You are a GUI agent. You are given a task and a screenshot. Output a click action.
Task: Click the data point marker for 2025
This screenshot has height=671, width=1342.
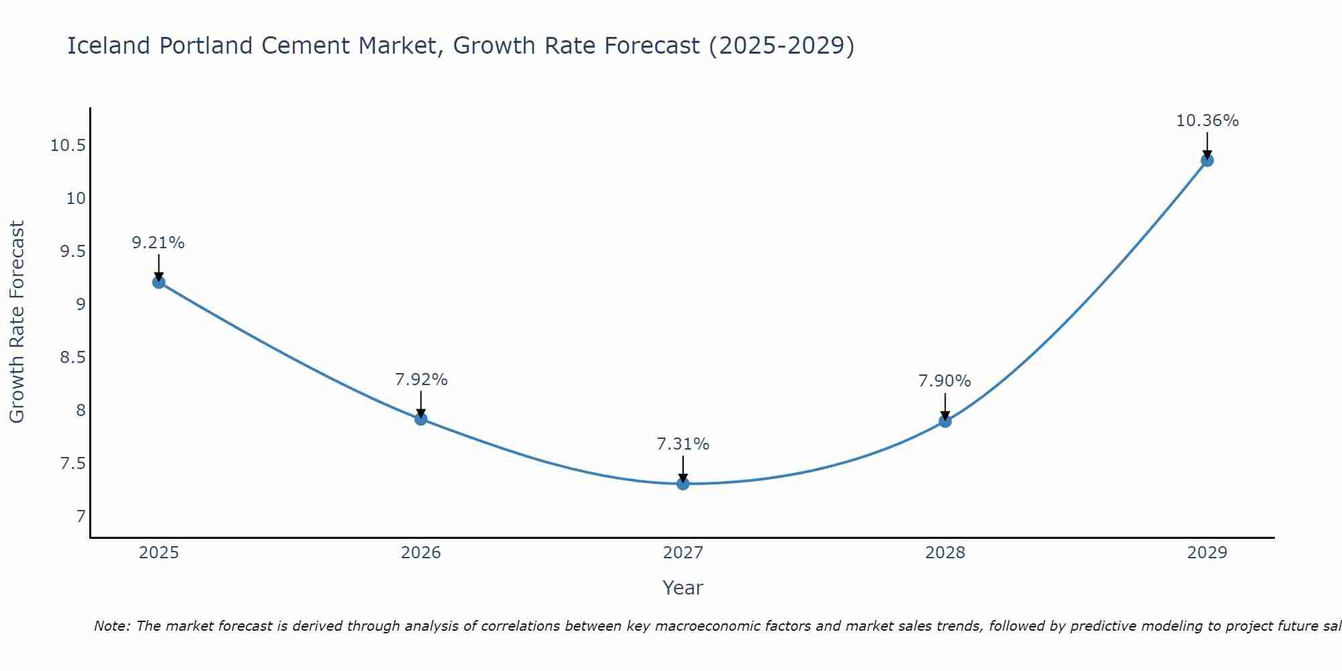(x=159, y=282)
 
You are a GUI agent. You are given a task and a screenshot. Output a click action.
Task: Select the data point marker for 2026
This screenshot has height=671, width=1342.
(x=421, y=419)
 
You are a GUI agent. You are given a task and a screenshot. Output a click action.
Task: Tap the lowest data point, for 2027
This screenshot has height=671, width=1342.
(x=683, y=484)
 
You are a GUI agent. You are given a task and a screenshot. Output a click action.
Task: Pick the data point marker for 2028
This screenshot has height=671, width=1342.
(x=945, y=421)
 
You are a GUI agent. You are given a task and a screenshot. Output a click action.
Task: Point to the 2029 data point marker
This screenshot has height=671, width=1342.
(x=1207, y=160)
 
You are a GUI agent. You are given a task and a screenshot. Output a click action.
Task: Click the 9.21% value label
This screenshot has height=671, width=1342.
(x=158, y=243)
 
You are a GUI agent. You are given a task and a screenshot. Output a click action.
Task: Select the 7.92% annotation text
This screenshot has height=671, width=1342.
(x=421, y=380)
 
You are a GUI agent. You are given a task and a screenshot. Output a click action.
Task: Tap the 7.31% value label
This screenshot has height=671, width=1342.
(x=682, y=444)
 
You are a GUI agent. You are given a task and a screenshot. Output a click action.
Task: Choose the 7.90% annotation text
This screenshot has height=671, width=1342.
(x=944, y=381)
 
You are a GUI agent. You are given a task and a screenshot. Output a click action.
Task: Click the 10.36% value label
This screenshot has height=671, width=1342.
(x=1207, y=121)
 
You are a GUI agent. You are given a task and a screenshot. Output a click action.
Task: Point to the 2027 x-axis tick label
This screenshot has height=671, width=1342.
(x=683, y=553)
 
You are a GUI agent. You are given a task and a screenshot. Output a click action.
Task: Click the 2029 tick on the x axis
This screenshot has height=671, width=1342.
(x=1207, y=553)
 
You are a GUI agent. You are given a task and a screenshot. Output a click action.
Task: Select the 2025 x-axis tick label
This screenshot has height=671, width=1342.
(x=159, y=553)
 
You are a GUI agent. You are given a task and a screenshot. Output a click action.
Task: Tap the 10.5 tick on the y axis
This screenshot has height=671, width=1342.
(x=68, y=146)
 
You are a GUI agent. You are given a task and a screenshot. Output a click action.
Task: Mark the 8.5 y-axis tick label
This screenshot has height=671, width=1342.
(x=72, y=358)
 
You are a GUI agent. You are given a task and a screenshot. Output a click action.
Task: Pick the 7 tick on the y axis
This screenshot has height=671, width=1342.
(x=81, y=517)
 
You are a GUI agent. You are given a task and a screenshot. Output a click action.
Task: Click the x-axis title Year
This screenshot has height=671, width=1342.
(x=683, y=588)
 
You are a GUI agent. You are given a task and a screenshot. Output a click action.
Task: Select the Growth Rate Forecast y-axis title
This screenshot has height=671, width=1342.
(x=17, y=322)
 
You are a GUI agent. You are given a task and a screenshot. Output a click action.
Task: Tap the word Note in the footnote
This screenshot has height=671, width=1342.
(x=111, y=626)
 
